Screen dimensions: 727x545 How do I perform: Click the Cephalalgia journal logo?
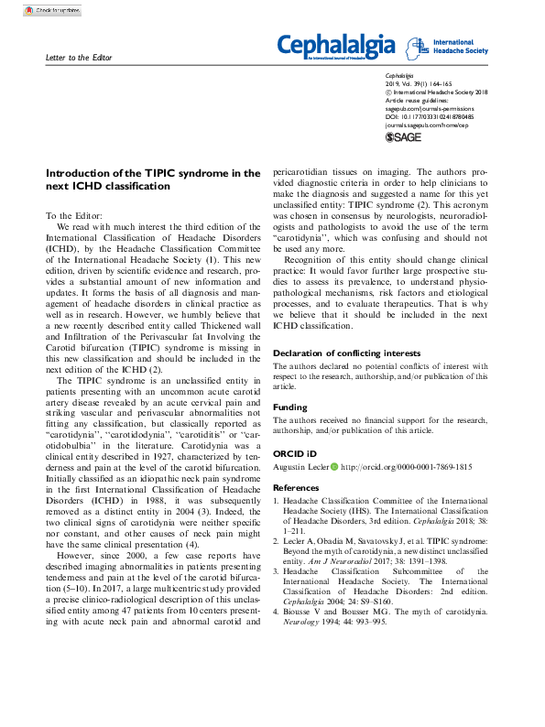click(336, 45)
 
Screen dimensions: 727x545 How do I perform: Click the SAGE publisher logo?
click(403, 136)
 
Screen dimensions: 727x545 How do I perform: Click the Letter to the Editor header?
click(78, 59)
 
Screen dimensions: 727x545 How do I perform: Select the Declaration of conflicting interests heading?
click(347, 353)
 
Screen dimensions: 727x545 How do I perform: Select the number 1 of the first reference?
click(277, 503)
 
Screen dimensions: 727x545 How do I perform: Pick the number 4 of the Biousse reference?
click(277, 610)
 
